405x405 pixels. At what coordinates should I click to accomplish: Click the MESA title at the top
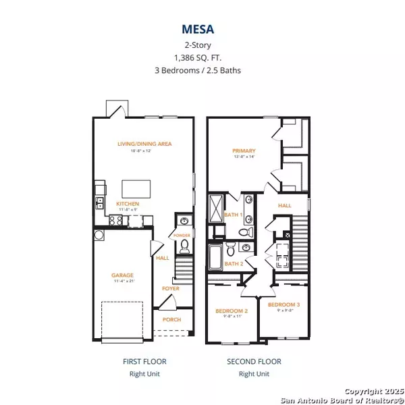202,30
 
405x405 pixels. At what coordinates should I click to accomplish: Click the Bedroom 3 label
283,305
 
